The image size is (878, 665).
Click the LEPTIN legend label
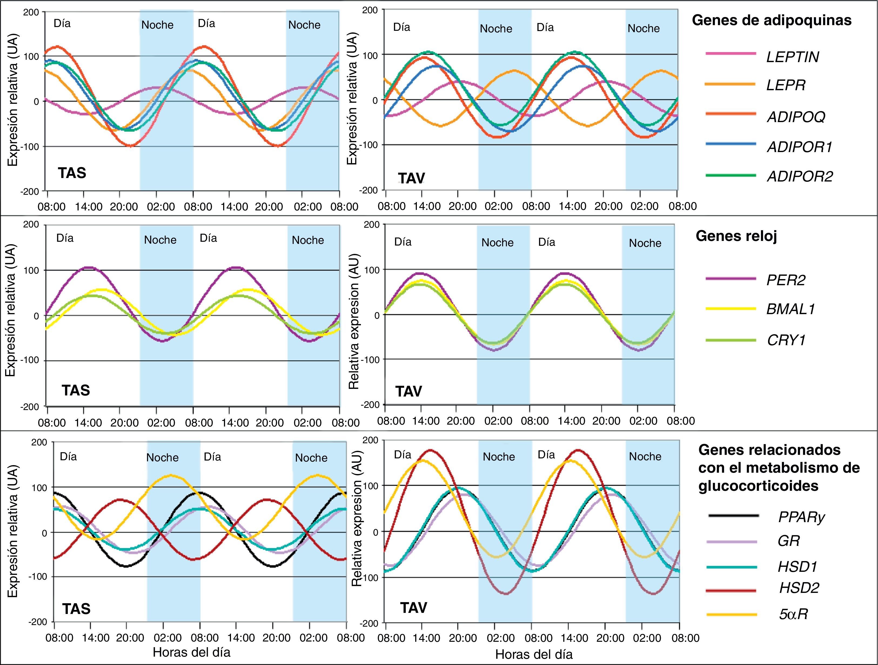coord(792,57)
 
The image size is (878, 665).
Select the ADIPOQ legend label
coord(796,117)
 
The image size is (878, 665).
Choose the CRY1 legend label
coord(786,340)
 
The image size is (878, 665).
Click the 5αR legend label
coord(793,614)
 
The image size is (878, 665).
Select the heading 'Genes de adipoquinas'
coord(772,20)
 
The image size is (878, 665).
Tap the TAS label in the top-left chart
coord(72,173)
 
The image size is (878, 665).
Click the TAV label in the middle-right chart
coord(408,392)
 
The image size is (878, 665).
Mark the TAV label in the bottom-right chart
coord(414,608)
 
